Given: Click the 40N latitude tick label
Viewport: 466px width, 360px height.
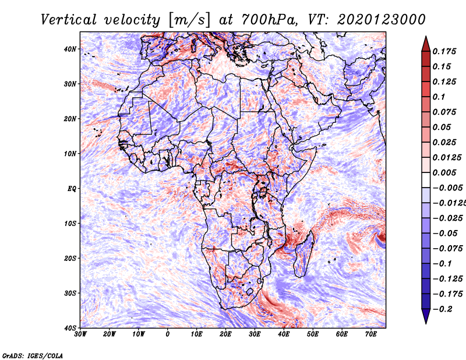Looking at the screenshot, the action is [70, 49].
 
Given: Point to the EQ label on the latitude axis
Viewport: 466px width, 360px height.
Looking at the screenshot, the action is [72, 189].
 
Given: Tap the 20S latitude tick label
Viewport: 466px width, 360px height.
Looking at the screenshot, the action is [70, 258].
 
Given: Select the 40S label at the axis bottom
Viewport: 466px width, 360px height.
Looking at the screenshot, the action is [70, 328].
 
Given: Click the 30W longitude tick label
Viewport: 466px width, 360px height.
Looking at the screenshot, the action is [80, 334].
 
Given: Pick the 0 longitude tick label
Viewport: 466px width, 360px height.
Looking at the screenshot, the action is [168, 334].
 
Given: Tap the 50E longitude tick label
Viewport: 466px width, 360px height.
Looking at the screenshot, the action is [313, 334].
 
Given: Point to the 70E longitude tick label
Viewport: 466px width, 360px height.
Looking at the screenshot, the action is [370, 334].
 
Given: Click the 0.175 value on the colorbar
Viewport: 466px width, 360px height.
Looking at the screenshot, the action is [444, 51].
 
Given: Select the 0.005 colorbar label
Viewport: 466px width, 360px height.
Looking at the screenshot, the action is [444, 172].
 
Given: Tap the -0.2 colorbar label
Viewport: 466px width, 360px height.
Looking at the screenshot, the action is [442, 309].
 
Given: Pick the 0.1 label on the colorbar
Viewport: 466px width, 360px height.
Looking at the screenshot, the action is [439, 97].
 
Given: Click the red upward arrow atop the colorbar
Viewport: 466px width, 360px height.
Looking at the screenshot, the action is [426, 44].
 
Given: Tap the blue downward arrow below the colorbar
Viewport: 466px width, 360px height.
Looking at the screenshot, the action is [426, 316].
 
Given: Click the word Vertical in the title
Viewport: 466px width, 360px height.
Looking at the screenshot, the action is [69, 20].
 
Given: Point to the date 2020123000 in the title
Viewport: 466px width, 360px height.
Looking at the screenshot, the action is [382, 20].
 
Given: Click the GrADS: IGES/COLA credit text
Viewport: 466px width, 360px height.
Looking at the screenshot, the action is [33, 355].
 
